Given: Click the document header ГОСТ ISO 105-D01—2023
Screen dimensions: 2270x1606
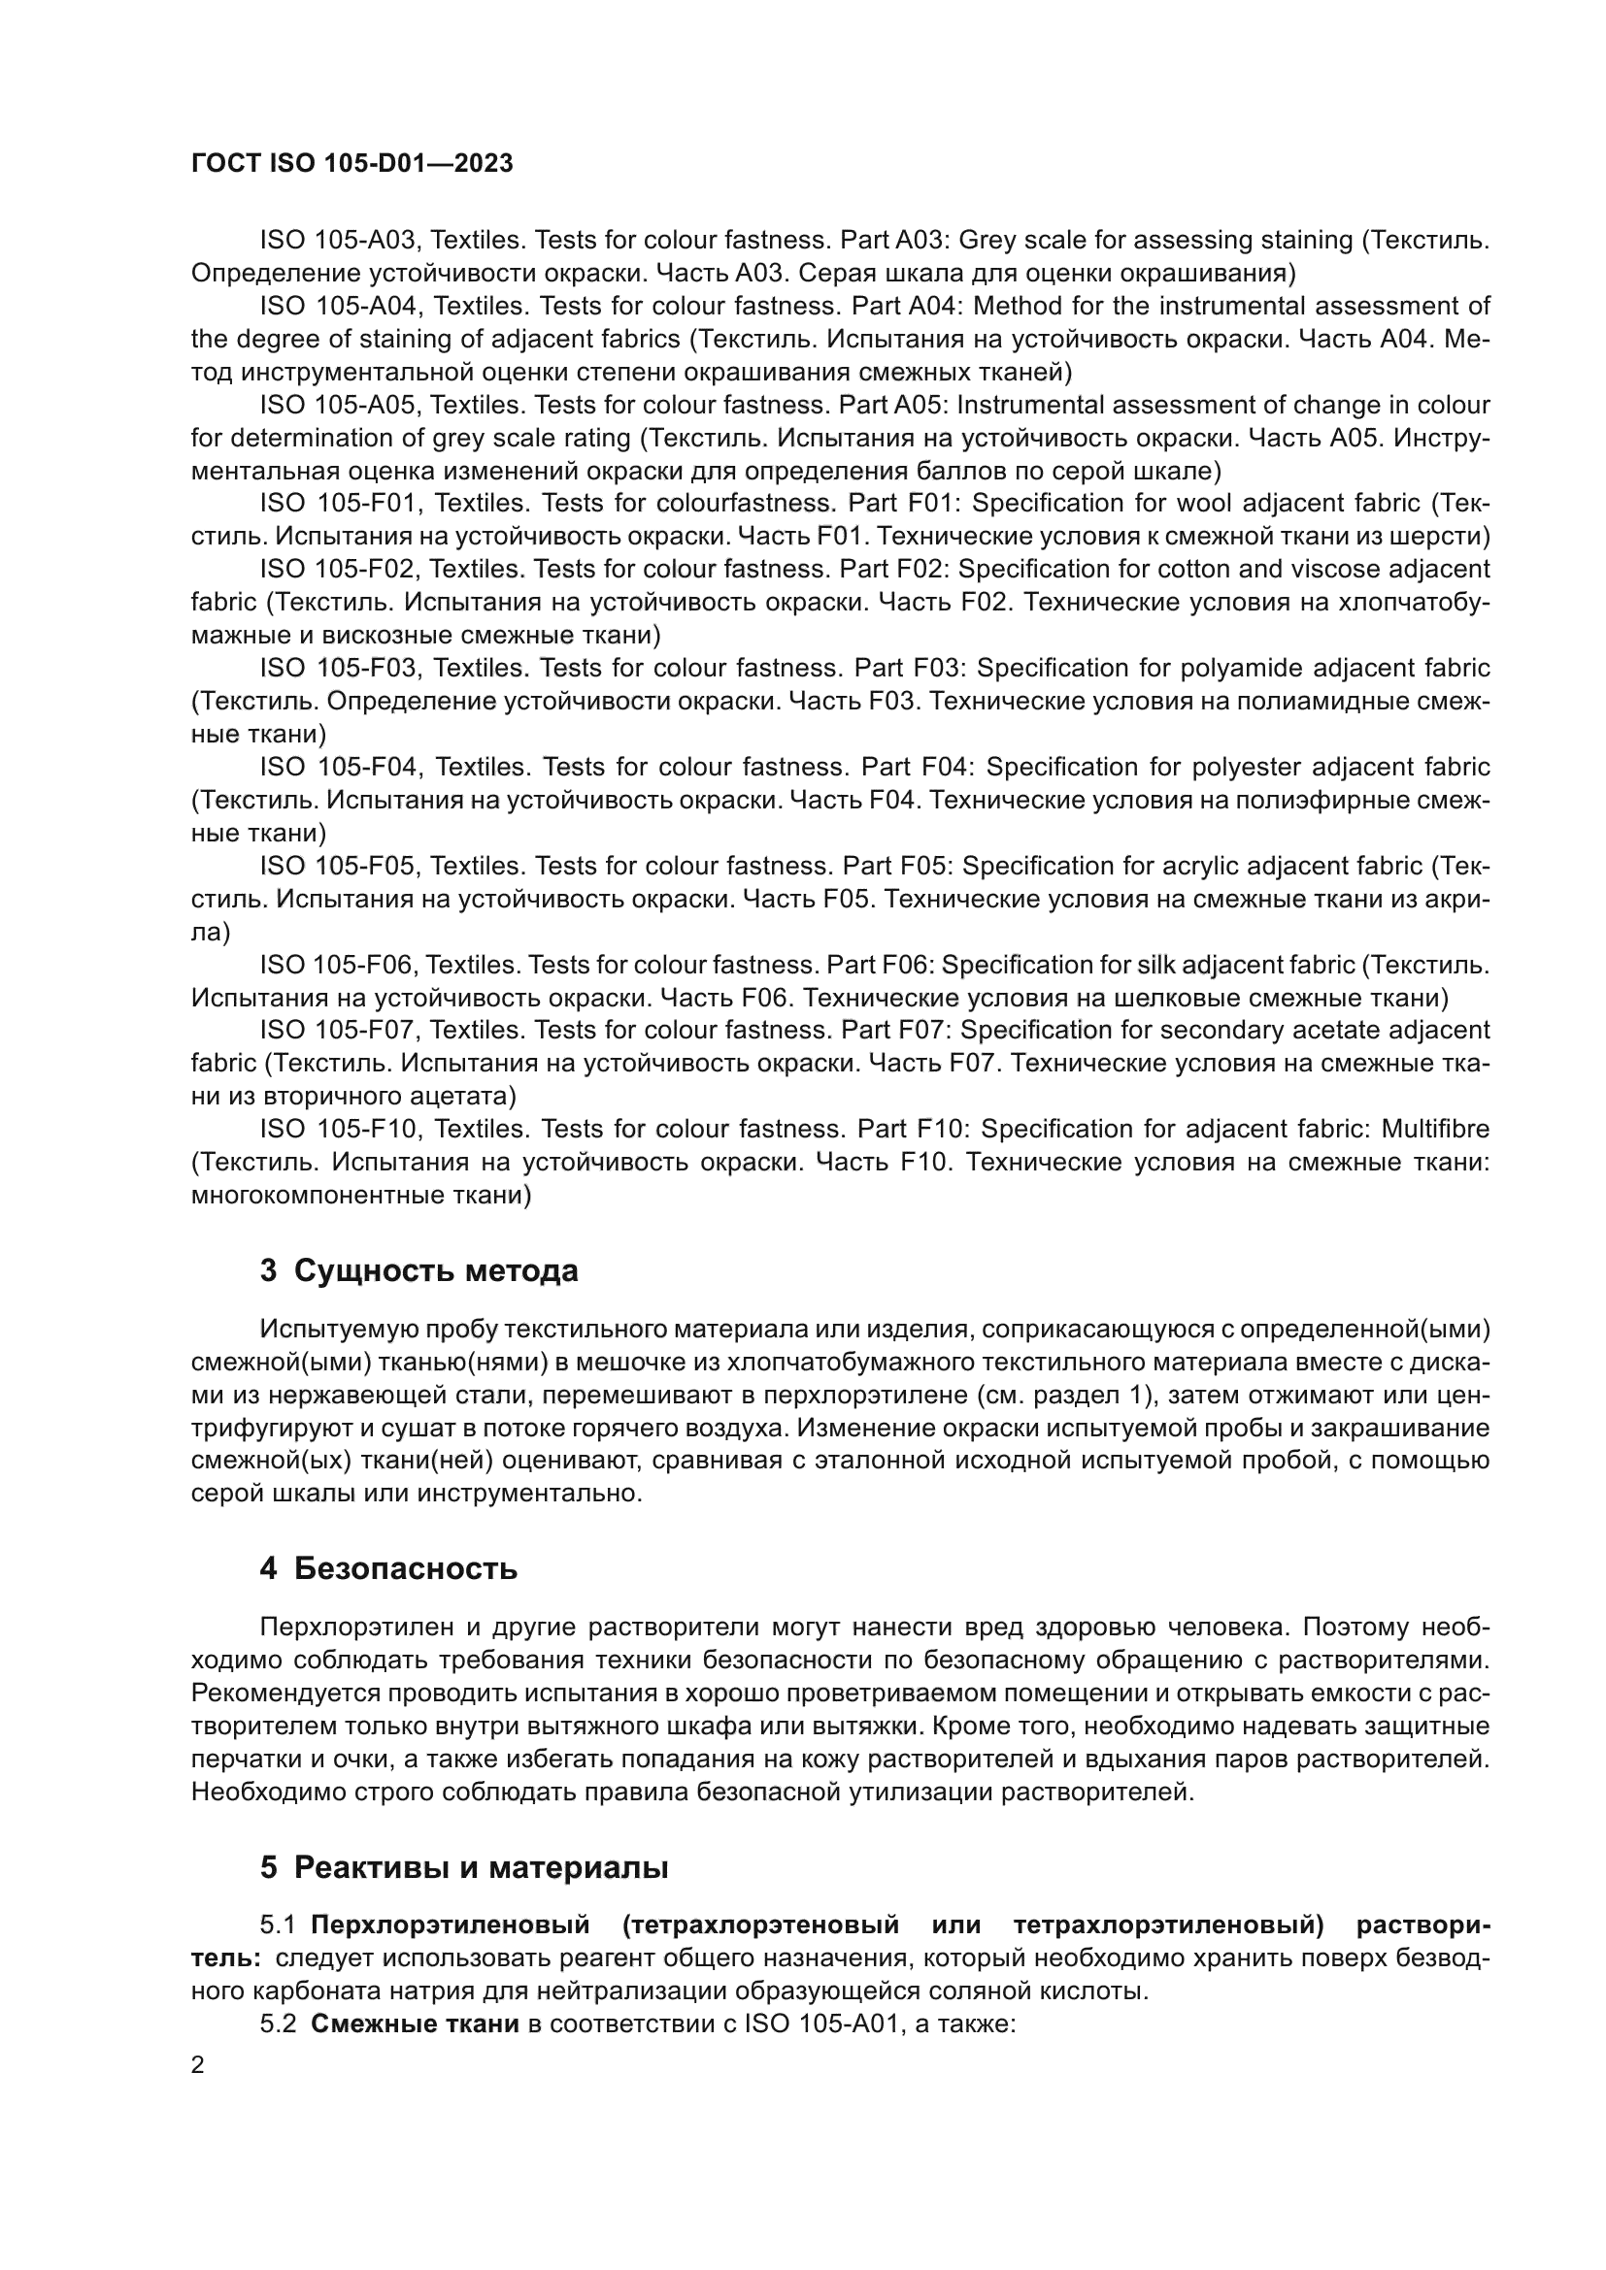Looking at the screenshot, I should coord(352,164).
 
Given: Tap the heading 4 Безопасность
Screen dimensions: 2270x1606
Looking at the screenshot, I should coord(388,1569).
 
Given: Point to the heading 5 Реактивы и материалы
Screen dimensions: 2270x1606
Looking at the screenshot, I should coord(464,1867).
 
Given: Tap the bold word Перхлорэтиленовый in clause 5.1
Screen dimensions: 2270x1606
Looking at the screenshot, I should coord(450,1925).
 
